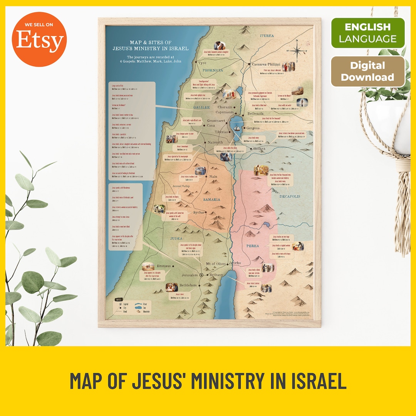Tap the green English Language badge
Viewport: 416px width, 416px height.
click(x=368, y=33)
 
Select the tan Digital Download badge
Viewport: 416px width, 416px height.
click(x=368, y=71)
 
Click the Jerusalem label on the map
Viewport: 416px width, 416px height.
click(x=190, y=275)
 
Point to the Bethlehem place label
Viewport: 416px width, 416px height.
click(x=188, y=285)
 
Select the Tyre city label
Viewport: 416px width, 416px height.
click(x=203, y=62)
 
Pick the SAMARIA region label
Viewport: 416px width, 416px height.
click(x=212, y=200)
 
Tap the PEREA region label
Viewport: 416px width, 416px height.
click(x=253, y=246)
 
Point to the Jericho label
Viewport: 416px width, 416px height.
click(x=235, y=263)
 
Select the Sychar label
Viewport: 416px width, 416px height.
click(x=199, y=213)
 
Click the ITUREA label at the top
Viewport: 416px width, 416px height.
click(x=267, y=36)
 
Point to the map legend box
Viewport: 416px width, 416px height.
click(x=131, y=307)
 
